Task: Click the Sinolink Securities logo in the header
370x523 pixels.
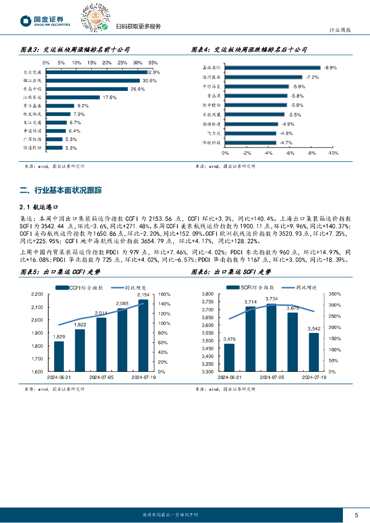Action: coord(45,20)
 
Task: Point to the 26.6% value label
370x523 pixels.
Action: coord(137,89)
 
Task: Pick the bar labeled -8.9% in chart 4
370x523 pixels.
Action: coord(272,67)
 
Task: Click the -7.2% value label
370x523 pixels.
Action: coord(312,77)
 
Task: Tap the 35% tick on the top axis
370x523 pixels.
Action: coord(153,62)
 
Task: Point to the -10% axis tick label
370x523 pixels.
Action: coord(332,153)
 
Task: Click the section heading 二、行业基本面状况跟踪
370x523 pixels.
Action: coord(61,191)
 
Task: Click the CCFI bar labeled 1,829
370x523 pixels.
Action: coord(59,356)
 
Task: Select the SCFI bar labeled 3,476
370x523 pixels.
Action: coord(229,358)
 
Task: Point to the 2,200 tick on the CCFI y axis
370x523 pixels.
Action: coord(37,294)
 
